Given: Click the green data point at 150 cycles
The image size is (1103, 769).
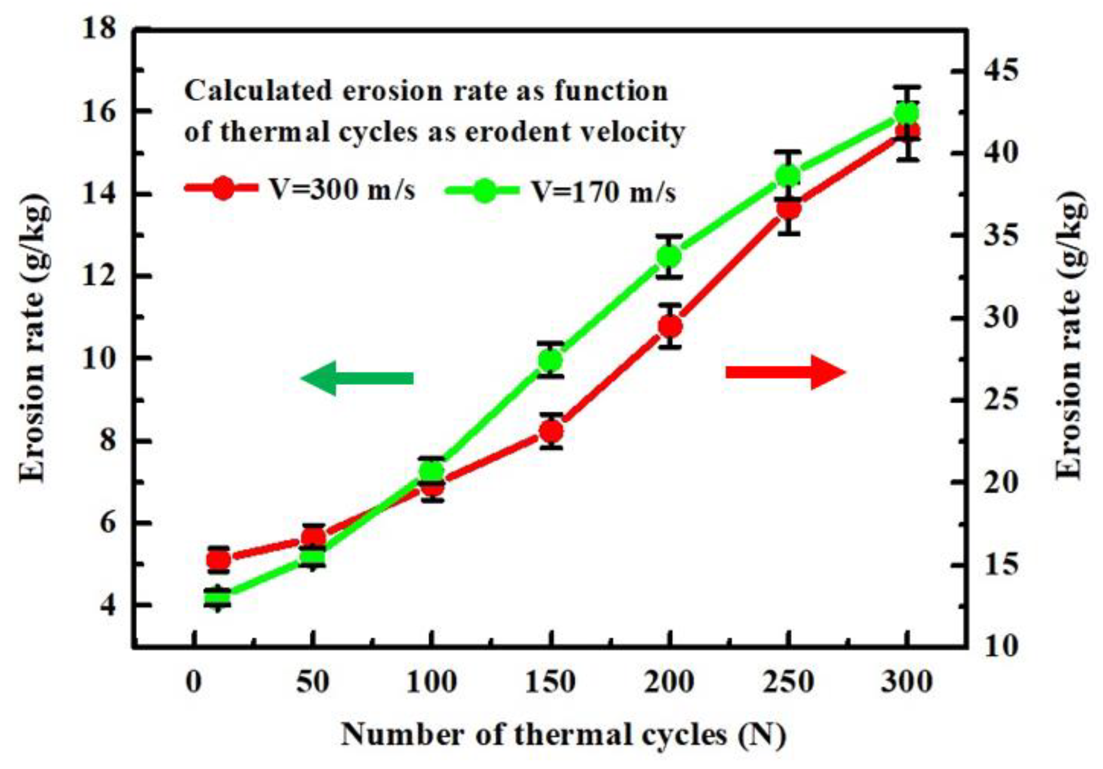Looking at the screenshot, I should tap(551, 360).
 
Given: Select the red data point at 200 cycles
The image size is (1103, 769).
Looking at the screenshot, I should tap(670, 326).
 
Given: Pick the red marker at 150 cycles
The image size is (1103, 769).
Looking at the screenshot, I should tap(551, 432).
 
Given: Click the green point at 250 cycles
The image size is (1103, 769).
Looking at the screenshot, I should tap(788, 176).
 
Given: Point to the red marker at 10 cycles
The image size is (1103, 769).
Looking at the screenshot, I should tap(218, 560).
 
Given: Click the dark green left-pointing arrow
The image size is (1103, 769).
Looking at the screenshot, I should tap(357, 379).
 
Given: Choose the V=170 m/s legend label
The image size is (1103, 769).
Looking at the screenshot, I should tap(603, 192).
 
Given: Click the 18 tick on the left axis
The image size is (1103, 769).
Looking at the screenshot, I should tap(99, 30).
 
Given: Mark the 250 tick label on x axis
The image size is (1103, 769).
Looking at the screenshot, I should tap(788, 682).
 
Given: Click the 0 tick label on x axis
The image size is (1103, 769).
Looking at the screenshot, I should tap(194, 682).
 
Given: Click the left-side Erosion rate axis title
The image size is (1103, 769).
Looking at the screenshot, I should tap(35, 336).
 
